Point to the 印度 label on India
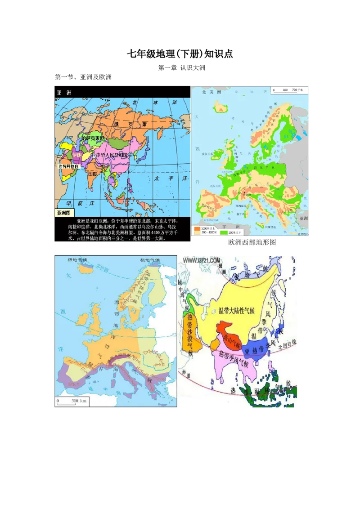tap(93, 173)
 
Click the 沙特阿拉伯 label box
tap(69, 166)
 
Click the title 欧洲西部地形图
tap(252, 242)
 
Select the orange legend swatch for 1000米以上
tap(197, 229)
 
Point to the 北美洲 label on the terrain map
tap(212, 92)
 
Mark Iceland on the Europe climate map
tap(87, 268)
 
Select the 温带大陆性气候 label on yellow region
tap(236, 310)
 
